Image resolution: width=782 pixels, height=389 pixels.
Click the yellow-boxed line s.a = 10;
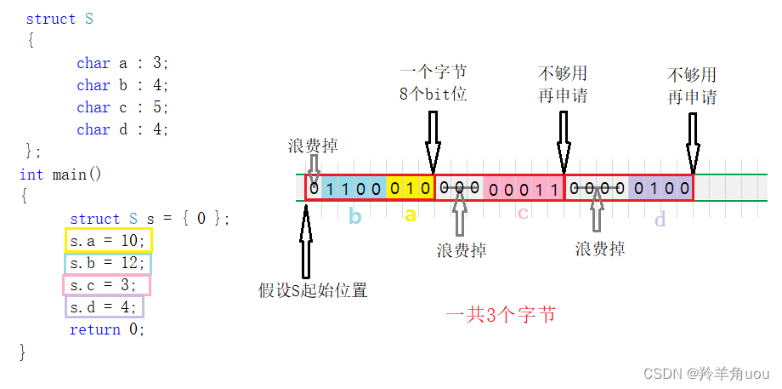pyautogui.click(x=108, y=241)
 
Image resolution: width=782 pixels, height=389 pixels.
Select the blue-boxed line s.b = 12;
pyautogui.click(x=108, y=263)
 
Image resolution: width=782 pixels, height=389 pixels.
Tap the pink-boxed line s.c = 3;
pyautogui.click(x=106, y=285)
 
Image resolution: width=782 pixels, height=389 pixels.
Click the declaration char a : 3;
pyautogui.click(x=122, y=63)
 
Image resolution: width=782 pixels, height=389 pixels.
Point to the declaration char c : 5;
pyautogui.click(x=122, y=107)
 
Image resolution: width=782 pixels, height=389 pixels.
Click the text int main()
pyautogui.click(x=60, y=174)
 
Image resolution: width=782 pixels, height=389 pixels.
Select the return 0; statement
pyautogui.click(x=107, y=329)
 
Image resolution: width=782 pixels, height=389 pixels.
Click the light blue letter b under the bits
pyautogui.click(x=354, y=217)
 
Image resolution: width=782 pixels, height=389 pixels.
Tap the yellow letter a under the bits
pyautogui.click(x=411, y=215)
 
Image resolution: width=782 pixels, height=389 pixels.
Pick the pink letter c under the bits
pyautogui.click(x=523, y=214)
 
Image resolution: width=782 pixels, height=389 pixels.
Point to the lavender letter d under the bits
pyautogui.click(x=660, y=220)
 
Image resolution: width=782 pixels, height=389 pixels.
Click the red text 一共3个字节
pyautogui.click(x=501, y=315)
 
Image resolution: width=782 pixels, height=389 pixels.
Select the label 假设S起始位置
pyautogui.click(x=313, y=290)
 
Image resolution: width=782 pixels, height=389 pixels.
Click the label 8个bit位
pyautogui.click(x=433, y=94)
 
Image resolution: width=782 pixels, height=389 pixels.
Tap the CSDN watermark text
pyautogui.click(x=706, y=374)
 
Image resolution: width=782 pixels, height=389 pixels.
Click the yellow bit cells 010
pyautogui.click(x=411, y=188)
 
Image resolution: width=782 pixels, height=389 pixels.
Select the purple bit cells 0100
pyautogui.click(x=660, y=188)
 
